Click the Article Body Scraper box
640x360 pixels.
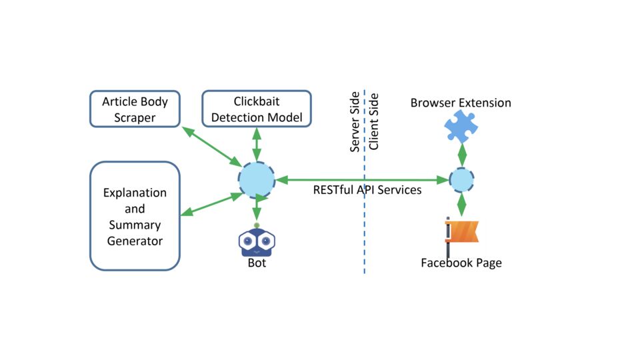pyautogui.click(x=135, y=109)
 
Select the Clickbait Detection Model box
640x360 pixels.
pyautogui.click(x=257, y=109)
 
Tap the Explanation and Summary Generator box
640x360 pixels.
pyautogui.click(x=135, y=216)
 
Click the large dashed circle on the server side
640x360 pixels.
pyautogui.click(x=257, y=180)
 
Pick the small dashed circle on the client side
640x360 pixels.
pyautogui.click(x=461, y=179)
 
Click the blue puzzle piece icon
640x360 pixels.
pyautogui.click(x=461, y=127)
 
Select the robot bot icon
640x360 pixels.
pyautogui.click(x=257, y=240)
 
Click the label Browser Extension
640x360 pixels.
pyautogui.click(x=461, y=103)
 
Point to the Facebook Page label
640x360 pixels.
pyautogui.click(x=461, y=263)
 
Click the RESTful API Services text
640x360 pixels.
pyautogui.click(x=367, y=190)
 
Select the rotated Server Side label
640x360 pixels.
pyautogui.click(x=355, y=121)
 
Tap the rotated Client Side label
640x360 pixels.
pyautogui.click(x=373, y=121)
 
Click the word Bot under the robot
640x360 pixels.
pyautogui.click(x=257, y=263)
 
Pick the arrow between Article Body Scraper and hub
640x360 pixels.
pyautogui.click(x=212, y=147)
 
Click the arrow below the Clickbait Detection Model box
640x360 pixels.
pyautogui.click(x=257, y=145)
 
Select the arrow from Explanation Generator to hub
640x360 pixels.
pyautogui.click(x=212, y=204)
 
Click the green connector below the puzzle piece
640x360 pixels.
pyautogui.click(x=462, y=155)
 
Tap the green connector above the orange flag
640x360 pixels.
pyautogui.click(x=461, y=205)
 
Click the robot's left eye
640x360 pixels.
pyautogui.click(x=248, y=241)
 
